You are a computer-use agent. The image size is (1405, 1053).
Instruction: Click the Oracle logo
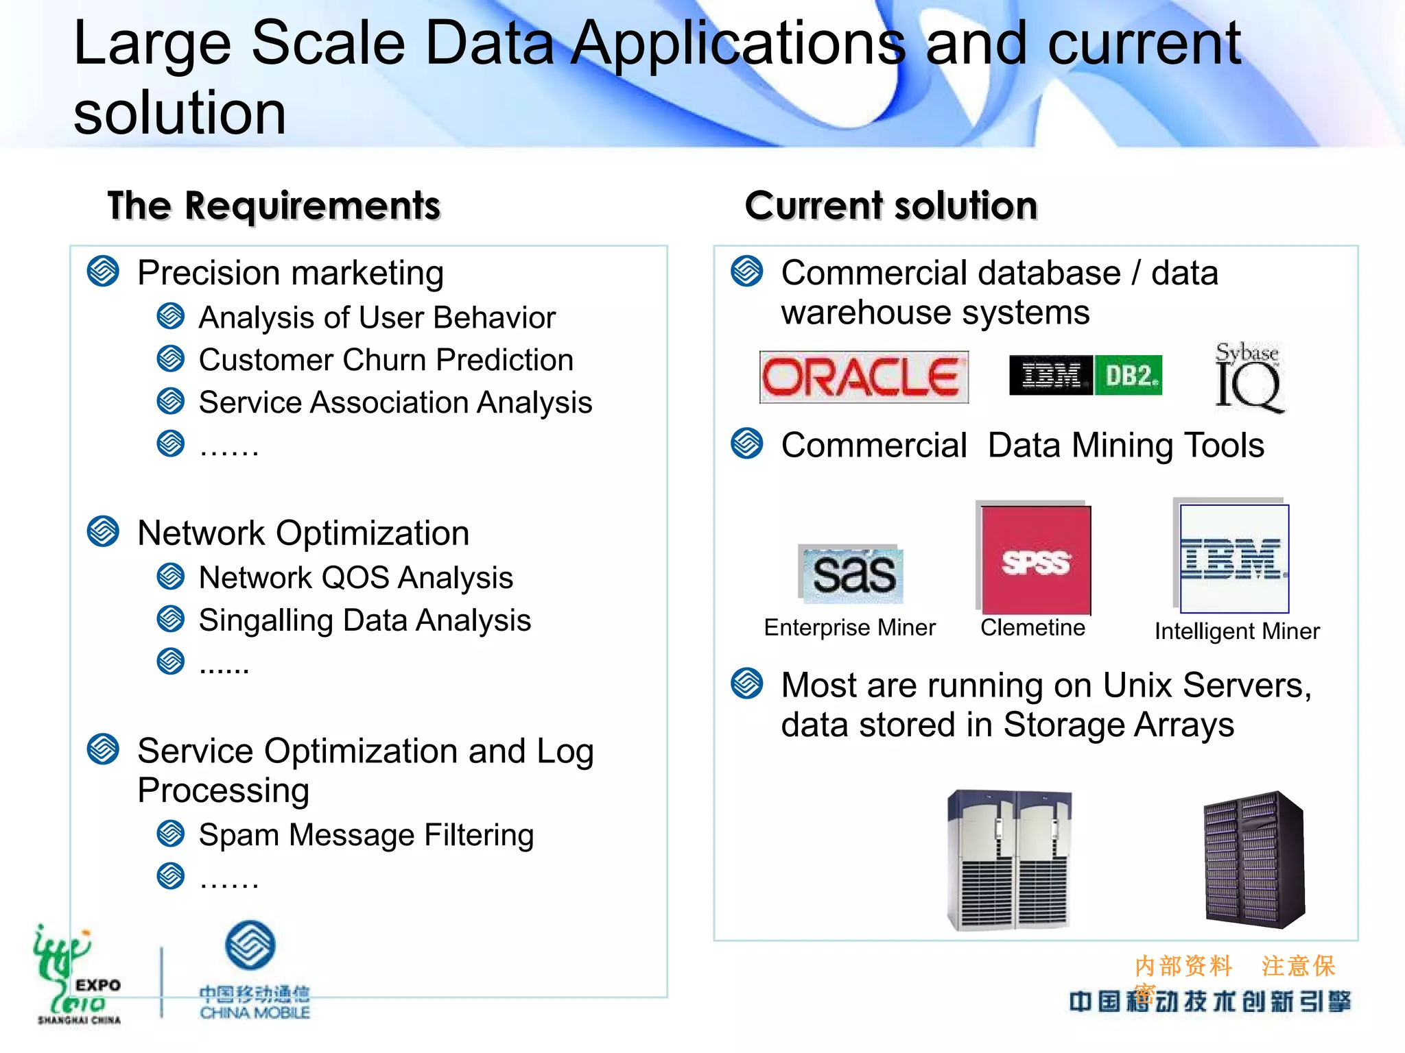coord(863,376)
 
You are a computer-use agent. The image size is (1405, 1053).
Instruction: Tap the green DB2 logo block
coord(1129,376)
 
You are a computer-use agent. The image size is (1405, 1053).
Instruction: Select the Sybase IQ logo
coord(1248,378)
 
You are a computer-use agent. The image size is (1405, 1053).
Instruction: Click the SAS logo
coord(852,574)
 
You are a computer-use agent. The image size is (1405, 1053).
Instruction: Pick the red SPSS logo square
coord(1035,560)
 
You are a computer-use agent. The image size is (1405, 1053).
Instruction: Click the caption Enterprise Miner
coord(849,627)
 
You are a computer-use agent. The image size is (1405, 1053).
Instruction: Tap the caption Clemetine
coord(1032,627)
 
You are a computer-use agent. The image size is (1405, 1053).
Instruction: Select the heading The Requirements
coord(274,206)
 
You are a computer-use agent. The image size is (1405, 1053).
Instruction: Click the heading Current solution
coord(890,206)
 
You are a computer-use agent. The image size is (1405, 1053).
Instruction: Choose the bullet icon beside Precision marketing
coord(103,271)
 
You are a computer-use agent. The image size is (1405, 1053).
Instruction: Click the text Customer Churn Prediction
coord(386,360)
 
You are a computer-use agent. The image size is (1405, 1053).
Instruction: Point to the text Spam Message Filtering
coord(366,835)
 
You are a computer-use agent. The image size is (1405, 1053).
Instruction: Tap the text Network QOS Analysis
coord(355,578)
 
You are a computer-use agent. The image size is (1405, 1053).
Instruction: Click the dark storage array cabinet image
coord(1254,860)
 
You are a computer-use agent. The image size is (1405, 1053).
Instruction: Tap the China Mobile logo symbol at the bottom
coord(250,945)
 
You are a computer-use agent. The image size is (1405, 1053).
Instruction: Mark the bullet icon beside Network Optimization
coord(103,532)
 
